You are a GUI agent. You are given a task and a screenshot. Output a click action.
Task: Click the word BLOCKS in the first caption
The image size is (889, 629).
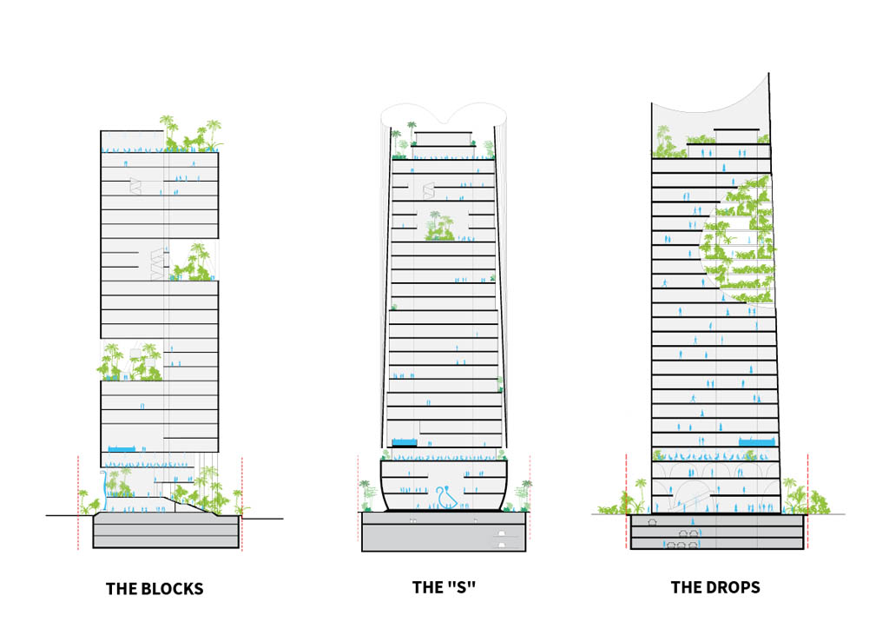click(172, 589)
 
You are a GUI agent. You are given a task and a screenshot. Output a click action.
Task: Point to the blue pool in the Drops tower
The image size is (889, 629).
click(756, 441)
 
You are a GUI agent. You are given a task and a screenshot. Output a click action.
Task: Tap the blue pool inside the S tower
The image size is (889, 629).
click(405, 442)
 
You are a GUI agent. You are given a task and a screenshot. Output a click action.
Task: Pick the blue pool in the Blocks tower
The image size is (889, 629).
click(122, 448)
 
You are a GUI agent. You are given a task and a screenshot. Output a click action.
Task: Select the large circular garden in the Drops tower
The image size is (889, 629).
click(737, 241)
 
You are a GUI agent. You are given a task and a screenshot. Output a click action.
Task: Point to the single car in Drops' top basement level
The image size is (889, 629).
click(653, 522)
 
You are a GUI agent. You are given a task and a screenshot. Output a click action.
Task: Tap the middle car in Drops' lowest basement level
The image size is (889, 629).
click(682, 545)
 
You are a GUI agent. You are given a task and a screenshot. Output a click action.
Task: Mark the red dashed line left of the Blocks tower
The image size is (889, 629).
click(78, 502)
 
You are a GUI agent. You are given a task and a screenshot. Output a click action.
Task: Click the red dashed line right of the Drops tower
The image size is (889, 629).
click(807, 500)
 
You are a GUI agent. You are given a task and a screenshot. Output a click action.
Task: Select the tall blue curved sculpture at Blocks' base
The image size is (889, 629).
click(104, 489)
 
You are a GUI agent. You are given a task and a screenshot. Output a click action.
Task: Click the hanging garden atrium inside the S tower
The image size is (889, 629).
click(439, 227)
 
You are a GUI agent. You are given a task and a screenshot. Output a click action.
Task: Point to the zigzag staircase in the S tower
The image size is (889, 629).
click(429, 190)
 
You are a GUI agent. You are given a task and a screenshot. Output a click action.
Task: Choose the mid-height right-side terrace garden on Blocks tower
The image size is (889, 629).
click(194, 263)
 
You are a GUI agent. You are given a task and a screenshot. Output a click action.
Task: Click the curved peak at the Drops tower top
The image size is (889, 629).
click(768, 75)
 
